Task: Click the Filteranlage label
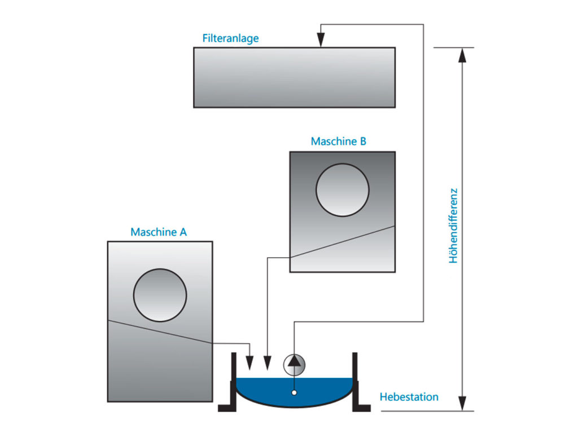tap(230, 38)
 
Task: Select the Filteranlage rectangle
tap(294, 77)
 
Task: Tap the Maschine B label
tap(338, 141)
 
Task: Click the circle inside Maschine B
tap(342, 190)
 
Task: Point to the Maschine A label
tap(159, 232)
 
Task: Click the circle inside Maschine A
tap(160, 295)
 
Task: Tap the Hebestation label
tap(409, 397)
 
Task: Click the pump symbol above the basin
tap(294, 364)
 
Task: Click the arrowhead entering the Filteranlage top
tap(321, 41)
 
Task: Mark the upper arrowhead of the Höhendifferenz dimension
tap(462, 55)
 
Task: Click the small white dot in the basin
tap(294, 392)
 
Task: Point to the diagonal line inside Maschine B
tap(342, 242)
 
